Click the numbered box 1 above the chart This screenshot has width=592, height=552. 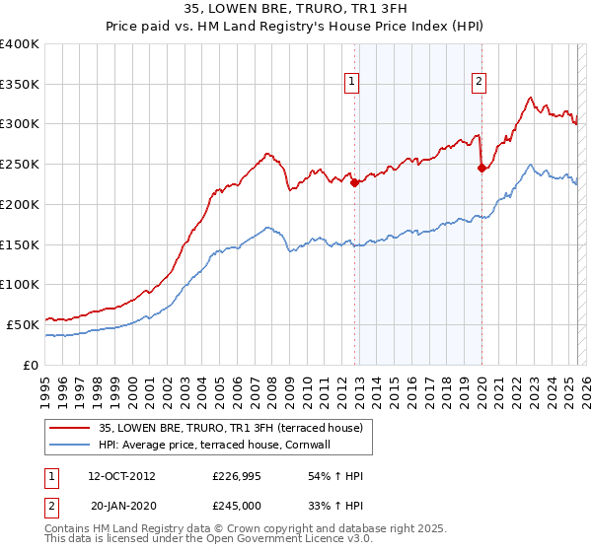tap(352, 83)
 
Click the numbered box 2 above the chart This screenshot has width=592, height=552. tap(479, 83)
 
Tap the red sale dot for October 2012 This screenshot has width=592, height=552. tap(354, 182)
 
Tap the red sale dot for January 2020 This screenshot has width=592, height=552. tap(481, 168)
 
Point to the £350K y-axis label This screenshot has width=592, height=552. tap(19, 85)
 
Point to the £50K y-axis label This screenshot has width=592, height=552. tap(22, 323)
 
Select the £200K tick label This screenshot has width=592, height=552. tap(19, 204)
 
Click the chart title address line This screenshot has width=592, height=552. tap(295, 8)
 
